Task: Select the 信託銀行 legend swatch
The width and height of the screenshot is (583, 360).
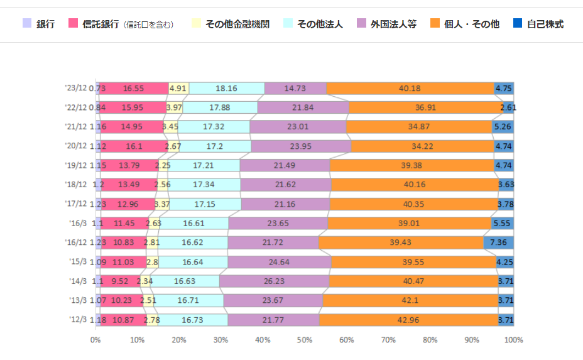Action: coord(73,25)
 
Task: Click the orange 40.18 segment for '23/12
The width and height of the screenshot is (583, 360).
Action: coord(410,89)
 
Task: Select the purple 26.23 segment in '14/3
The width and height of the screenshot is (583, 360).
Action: coord(274,281)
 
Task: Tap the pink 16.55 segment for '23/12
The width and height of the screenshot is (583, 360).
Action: coord(134,89)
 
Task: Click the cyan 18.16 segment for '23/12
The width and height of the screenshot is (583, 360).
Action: coord(226,89)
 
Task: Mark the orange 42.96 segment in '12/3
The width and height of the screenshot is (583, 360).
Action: coord(409,320)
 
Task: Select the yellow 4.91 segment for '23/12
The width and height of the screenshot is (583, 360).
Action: coord(178,89)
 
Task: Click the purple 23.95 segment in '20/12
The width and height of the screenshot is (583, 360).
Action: coord(301,146)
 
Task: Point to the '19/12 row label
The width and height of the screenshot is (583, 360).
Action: coord(76,166)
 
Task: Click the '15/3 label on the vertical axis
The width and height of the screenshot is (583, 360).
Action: coord(78,262)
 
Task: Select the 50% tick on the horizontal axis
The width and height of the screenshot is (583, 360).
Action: coord(305,340)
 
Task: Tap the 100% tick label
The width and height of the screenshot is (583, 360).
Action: coord(513,340)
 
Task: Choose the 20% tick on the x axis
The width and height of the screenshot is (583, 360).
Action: coord(179,340)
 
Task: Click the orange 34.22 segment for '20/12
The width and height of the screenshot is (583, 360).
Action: coord(422,146)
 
